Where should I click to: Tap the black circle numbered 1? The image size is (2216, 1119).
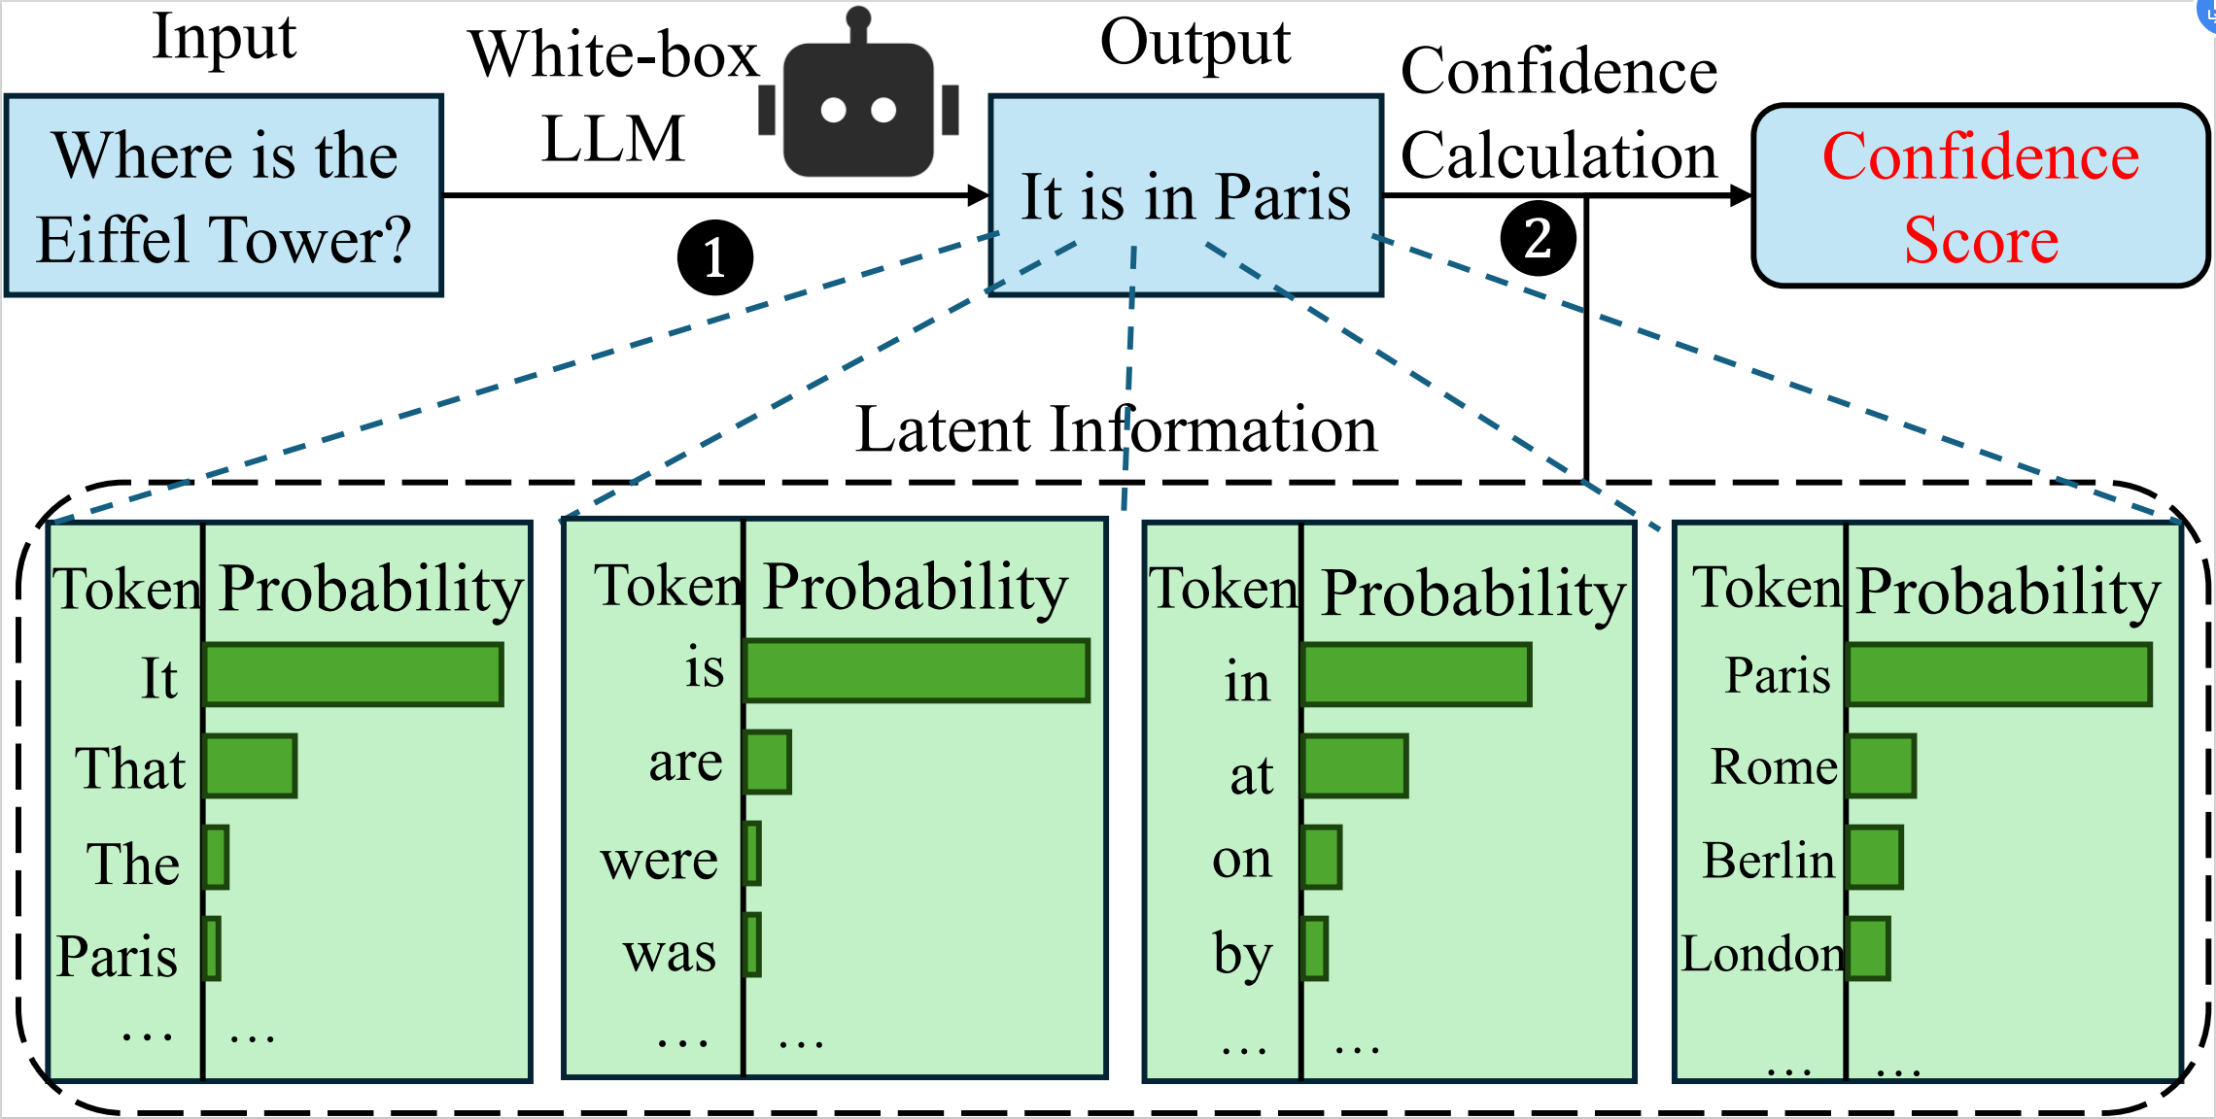(715, 257)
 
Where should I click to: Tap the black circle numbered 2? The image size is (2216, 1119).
(1538, 238)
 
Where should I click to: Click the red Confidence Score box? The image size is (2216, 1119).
(1980, 196)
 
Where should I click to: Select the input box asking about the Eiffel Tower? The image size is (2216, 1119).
(225, 196)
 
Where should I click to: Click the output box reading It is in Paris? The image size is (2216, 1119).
(1186, 196)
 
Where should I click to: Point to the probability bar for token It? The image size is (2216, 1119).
(354, 674)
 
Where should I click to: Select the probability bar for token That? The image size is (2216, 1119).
(251, 766)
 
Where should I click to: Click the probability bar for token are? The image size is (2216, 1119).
(768, 763)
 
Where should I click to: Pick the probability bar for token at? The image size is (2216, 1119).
(1355, 766)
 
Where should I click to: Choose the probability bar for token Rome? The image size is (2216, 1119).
(1882, 766)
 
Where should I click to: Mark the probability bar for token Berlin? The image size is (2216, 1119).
(1875, 858)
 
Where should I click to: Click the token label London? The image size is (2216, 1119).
(1763, 953)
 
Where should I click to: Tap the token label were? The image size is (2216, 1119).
(659, 861)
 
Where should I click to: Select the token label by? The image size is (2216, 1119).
(1242, 955)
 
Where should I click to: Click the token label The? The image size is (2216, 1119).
(133, 864)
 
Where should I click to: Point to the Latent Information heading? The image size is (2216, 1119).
(1116, 429)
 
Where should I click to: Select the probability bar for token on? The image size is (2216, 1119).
(1322, 858)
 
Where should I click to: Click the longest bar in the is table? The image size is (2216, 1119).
(917, 670)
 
